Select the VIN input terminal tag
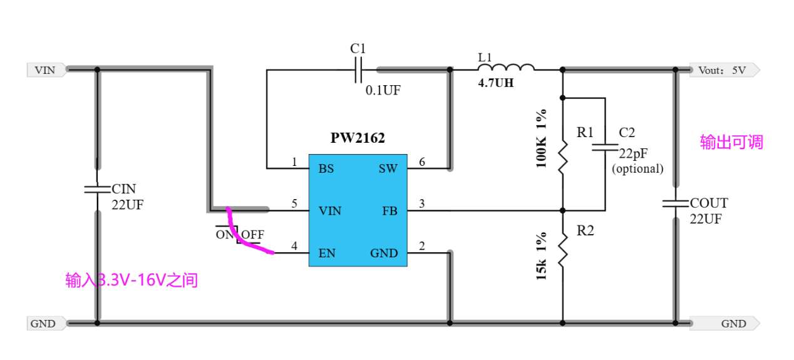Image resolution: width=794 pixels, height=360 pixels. point(46,69)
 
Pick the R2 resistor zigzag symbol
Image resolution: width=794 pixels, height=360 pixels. point(562,248)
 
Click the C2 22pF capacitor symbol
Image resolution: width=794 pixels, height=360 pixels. point(605,148)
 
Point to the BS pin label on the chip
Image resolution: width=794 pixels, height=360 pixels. point(326,168)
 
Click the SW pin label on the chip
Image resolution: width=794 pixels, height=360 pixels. point(388,168)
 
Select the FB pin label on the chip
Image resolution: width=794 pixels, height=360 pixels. point(389,211)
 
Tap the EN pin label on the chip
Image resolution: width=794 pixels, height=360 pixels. point(326,253)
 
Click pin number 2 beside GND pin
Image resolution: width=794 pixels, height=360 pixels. point(422,246)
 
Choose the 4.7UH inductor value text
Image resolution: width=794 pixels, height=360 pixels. point(496,83)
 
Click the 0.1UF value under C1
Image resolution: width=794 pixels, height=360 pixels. point(383,90)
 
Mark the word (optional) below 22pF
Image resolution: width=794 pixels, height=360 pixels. point(637,168)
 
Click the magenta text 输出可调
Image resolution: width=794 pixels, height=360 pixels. point(731,142)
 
